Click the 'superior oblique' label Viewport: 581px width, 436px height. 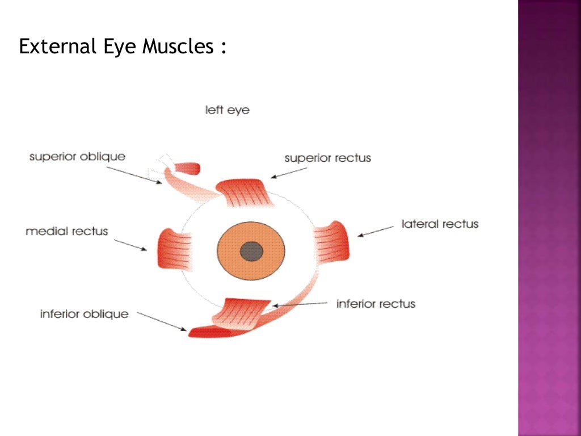pyautogui.click(x=77, y=156)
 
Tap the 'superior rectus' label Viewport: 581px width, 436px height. pyautogui.click(x=327, y=158)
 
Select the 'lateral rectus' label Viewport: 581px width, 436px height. pyautogui.click(x=440, y=224)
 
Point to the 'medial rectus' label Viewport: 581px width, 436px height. pyautogui.click(x=66, y=231)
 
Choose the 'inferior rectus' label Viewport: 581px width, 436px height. pyautogui.click(x=376, y=304)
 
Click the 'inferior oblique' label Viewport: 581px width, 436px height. pyautogui.click(x=84, y=313)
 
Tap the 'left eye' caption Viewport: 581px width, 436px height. pyautogui.click(x=227, y=110)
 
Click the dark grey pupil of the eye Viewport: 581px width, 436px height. pyautogui.click(x=251, y=250)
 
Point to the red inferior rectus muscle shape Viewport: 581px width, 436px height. pyautogui.click(x=244, y=312)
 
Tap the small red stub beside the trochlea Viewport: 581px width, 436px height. pyautogui.click(x=188, y=168)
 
